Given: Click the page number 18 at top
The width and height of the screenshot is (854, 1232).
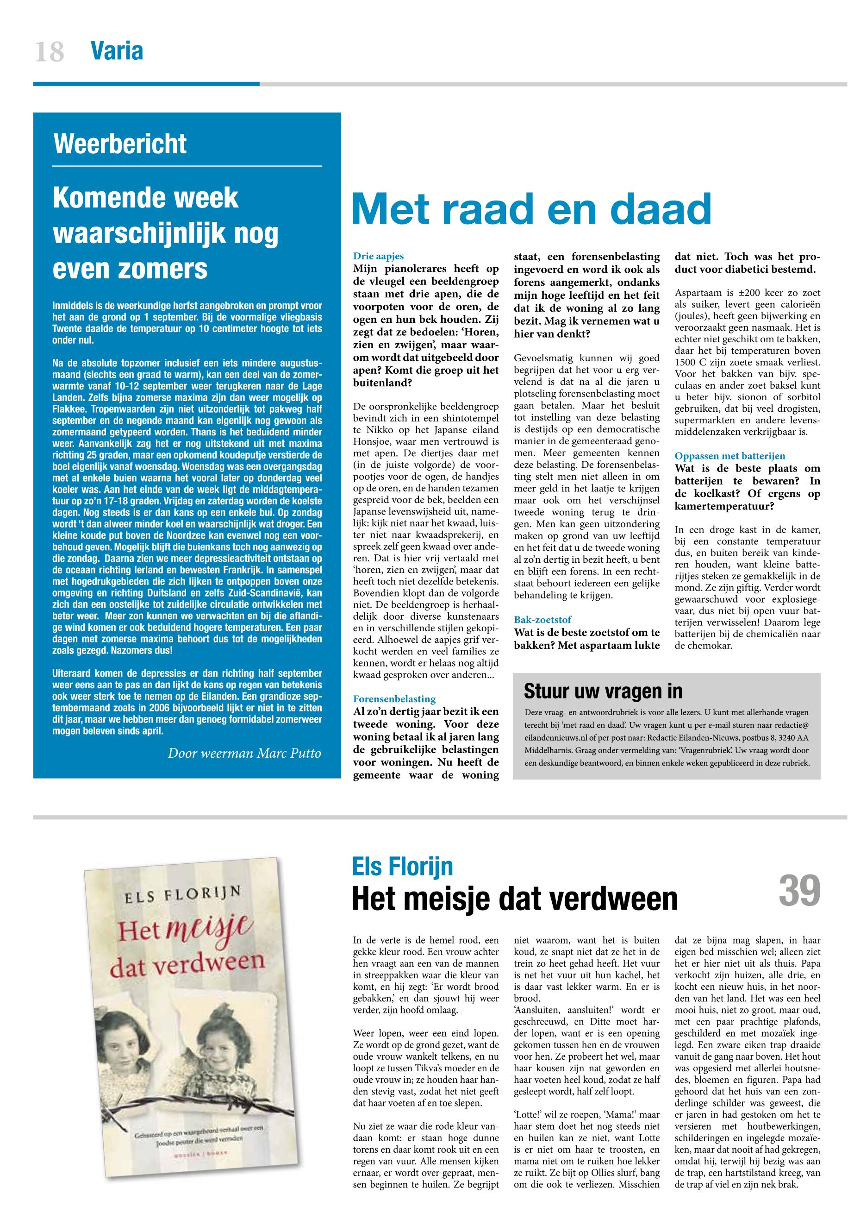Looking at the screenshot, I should pos(49,52).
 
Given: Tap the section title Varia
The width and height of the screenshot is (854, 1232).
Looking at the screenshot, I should pos(117,51).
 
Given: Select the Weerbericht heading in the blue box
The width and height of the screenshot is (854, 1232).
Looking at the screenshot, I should pos(120,144).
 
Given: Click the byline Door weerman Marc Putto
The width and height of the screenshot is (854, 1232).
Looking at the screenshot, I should pos(244,754).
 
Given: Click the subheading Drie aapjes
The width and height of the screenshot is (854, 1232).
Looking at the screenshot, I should pos(378,257).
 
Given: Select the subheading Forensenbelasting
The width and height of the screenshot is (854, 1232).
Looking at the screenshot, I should pos(394,699).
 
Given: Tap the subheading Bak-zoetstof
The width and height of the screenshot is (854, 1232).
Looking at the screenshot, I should pos(542,620).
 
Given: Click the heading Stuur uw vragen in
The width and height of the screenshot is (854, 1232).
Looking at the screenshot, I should pos(603,691).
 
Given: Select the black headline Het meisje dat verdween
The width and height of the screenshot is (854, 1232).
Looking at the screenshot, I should pos(514,899).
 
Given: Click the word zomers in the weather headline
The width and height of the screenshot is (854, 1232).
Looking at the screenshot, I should pos(130,269).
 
